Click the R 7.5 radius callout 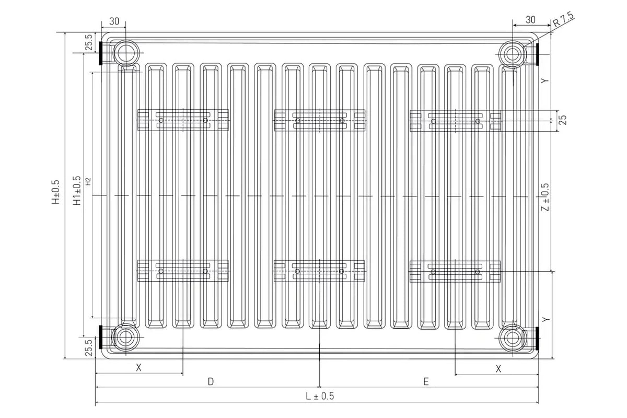pyautogui.click(x=563, y=19)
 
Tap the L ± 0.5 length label pyautogui.click(x=320, y=396)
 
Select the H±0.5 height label pyautogui.click(x=56, y=192)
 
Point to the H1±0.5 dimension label pyautogui.click(x=77, y=190)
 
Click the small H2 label pyautogui.click(x=88, y=181)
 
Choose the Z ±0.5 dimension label pyautogui.click(x=545, y=197)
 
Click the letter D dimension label pyautogui.click(x=211, y=381)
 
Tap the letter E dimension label pyautogui.click(x=426, y=381)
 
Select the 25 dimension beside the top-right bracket pyautogui.click(x=563, y=120)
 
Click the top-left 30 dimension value pyautogui.click(x=114, y=21)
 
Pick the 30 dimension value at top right pyautogui.click(x=530, y=20)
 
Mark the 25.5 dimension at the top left pyautogui.click(x=89, y=42)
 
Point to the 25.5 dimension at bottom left pyautogui.click(x=89, y=347)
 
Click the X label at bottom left pyautogui.click(x=138, y=368)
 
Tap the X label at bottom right pyautogui.click(x=498, y=369)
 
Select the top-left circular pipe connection pyautogui.click(x=126, y=53)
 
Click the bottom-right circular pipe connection pyautogui.click(x=513, y=339)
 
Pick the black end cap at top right pyautogui.click(x=538, y=54)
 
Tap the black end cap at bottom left pyautogui.click(x=101, y=337)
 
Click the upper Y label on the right pyautogui.click(x=544, y=80)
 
